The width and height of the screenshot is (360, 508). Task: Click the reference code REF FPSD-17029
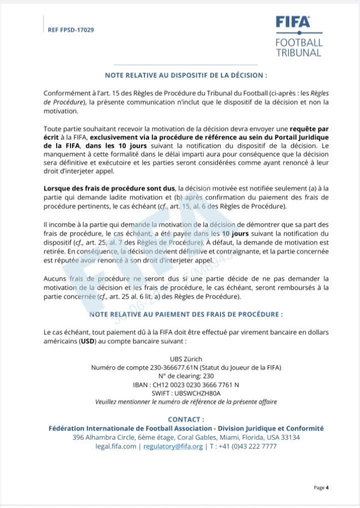click(x=71, y=29)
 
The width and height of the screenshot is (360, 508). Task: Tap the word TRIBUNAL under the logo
click(x=299, y=52)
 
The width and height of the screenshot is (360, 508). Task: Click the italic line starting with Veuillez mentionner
click(x=186, y=402)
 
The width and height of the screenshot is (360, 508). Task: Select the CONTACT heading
click(x=186, y=420)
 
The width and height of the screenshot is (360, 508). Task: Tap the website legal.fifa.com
click(x=115, y=446)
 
